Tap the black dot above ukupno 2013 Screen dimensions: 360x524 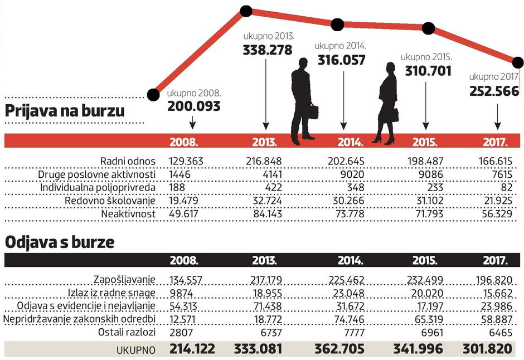pyautogui.click(x=246, y=11)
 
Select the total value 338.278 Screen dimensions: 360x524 pyautogui.click(x=267, y=50)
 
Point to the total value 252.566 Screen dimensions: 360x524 pyautogui.click(x=494, y=92)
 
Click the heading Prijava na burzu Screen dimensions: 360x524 pyautogui.click(x=65, y=111)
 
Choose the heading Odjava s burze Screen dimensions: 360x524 pyautogui.click(x=60, y=243)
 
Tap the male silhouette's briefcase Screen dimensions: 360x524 pyautogui.click(x=312, y=112)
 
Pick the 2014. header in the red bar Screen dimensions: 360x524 pyautogui.click(x=350, y=142)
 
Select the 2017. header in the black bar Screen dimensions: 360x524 pyautogui.click(x=496, y=260)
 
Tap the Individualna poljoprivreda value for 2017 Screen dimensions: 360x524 pyautogui.click(x=505, y=188)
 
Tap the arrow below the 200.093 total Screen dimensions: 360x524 pyautogui.click(x=193, y=121)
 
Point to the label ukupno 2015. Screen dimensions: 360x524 pyautogui.click(x=426, y=57)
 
